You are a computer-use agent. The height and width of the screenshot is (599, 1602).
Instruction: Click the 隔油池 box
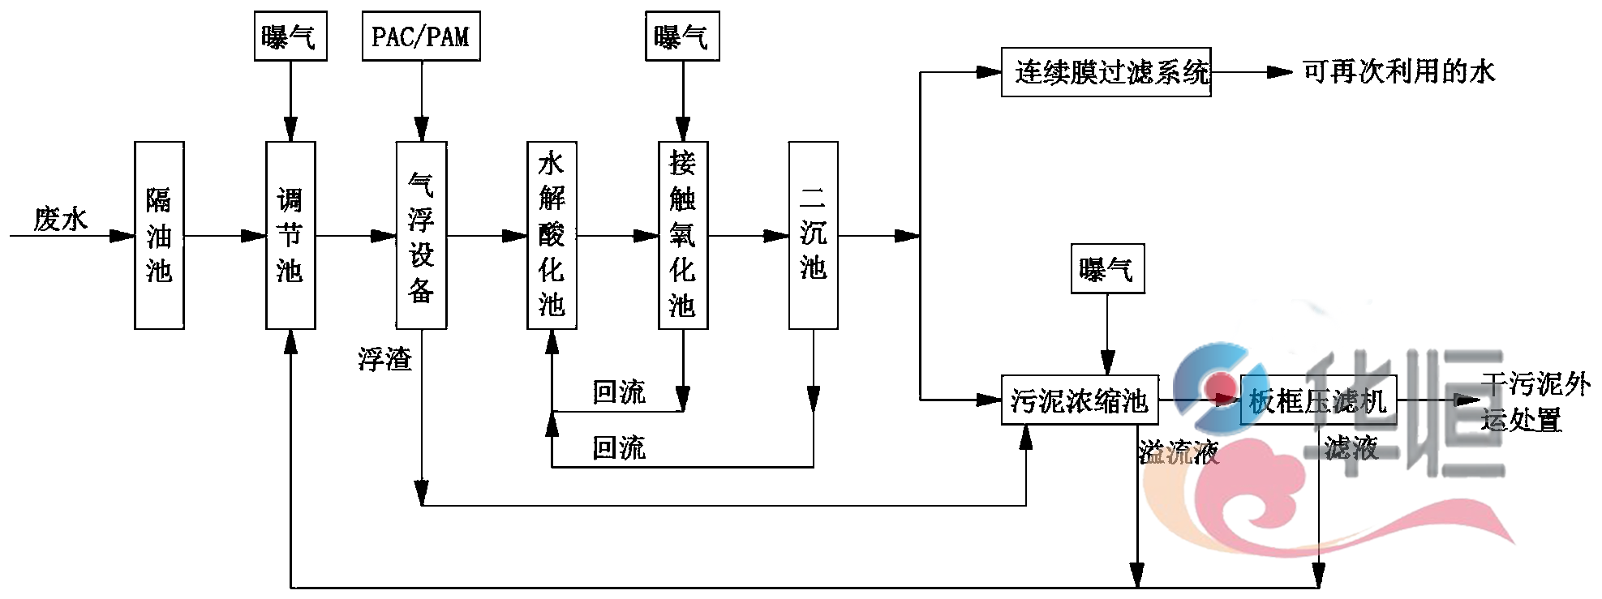tap(159, 235)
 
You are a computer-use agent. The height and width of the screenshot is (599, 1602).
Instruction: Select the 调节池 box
tap(290, 235)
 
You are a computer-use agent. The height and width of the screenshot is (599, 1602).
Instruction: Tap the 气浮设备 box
tap(421, 235)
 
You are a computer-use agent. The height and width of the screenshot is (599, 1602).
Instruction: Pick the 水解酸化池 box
tap(552, 235)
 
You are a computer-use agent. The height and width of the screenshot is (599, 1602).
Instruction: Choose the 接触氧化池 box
tap(683, 235)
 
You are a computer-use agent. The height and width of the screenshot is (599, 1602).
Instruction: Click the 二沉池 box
tap(813, 235)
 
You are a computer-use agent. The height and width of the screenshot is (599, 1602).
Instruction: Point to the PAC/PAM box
tap(421, 36)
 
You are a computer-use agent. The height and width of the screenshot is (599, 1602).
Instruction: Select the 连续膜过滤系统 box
tap(1106, 72)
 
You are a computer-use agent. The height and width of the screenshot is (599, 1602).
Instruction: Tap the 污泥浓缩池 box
tap(1080, 400)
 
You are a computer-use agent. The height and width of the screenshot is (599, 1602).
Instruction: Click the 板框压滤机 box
tap(1318, 400)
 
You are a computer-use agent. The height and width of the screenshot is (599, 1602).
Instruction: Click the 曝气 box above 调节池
tap(290, 36)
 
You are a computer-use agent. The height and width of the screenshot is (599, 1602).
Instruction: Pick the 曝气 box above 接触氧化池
tap(682, 36)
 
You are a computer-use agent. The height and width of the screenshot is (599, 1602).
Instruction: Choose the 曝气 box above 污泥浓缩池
tap(1107, 268)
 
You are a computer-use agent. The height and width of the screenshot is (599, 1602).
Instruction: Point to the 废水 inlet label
tap(60, 219)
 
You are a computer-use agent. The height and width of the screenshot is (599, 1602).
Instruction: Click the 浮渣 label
tap(385, 358)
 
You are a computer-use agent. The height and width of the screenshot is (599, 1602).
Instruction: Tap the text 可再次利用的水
tap(1398, 72)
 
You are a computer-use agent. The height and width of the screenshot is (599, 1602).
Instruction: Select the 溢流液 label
tap(1178, 451)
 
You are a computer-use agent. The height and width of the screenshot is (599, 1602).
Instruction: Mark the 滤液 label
tap(1351, 447)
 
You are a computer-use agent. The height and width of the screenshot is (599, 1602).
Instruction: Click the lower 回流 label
tap(619, 447)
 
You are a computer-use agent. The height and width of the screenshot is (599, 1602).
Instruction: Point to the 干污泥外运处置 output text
tap(1533, 401)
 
